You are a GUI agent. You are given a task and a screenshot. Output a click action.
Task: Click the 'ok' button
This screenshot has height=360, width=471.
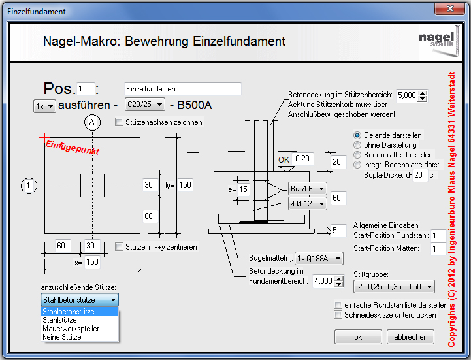tap(358, 337)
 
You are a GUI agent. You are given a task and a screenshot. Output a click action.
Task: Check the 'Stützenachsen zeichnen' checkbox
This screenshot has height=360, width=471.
tap(120, 122)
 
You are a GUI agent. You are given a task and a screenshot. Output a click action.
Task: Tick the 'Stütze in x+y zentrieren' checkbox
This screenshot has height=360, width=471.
tap(120, 247)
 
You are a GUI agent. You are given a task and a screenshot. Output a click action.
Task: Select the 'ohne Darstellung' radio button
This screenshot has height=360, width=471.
tap(357, 145)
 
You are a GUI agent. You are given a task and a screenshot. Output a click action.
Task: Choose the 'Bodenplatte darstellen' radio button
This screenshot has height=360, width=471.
tap(357, 155)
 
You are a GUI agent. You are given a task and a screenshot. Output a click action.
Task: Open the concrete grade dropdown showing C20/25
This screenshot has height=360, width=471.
tap(145, 105)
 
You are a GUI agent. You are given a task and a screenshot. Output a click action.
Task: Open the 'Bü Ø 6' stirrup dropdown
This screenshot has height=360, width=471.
tap(307, 189)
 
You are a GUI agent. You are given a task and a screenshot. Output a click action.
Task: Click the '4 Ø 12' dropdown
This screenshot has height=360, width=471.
tap(307, 204)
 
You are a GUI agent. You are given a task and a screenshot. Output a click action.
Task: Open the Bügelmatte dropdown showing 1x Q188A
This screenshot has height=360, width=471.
tap(319, 259)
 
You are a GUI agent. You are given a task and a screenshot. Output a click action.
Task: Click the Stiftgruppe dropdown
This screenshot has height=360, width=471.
tap(394, 287)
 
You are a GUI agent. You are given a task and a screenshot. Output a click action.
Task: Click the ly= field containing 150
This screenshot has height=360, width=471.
tap(185, 185)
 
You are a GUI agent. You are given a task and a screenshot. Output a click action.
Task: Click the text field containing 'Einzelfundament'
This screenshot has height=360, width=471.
tap(183, 89)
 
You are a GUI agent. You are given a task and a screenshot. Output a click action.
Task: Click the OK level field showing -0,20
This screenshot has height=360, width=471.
tap(303, 159)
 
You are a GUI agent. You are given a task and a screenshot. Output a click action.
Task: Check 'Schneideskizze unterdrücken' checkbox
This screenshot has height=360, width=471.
tap(338, 315)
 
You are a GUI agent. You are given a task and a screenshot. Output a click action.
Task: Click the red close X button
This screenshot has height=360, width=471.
tap(450, 8)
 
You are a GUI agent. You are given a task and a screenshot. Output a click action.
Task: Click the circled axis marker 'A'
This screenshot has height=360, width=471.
tap(92, 122)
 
